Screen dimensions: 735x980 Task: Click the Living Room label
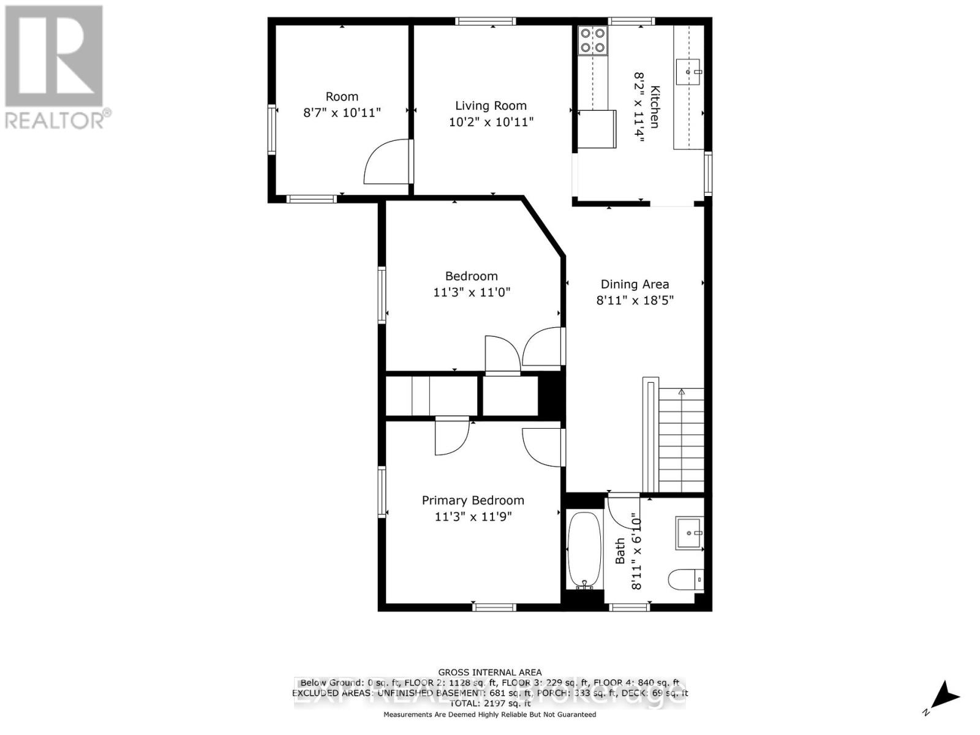coord(491,106)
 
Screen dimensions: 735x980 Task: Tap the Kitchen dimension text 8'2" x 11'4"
coord(639,107)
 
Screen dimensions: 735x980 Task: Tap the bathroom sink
coord(689,533)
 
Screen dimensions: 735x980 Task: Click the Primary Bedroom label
coord(473,500)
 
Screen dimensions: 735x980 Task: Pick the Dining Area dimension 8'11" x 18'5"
coord(635,300)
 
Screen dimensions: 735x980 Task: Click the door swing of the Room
coord(387,162)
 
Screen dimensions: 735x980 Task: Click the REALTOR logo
coord(55,67)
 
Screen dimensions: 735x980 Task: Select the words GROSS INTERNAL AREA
coord(489,673)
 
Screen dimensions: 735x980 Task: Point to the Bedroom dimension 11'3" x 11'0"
coord(472,292)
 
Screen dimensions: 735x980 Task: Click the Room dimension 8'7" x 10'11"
coord(342,113)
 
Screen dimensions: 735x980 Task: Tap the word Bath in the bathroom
coord(620,551)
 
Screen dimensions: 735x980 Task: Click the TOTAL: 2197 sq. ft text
coord(489,704)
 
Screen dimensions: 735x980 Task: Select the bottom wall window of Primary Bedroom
coord(494,608)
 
